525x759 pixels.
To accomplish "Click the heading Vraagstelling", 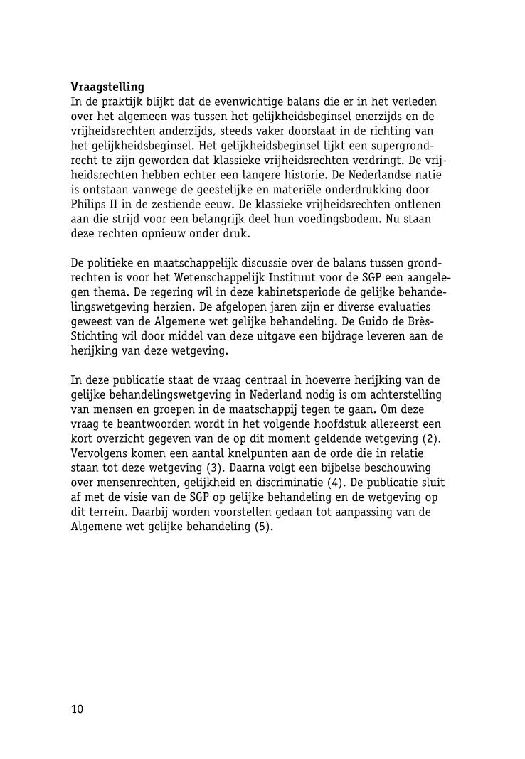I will pyautogui.click(x=107, y=87).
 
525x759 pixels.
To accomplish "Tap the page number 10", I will pyautogui.click(x=77, y=709).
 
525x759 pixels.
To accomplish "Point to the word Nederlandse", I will pyautogui.click(x=361, y=175).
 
